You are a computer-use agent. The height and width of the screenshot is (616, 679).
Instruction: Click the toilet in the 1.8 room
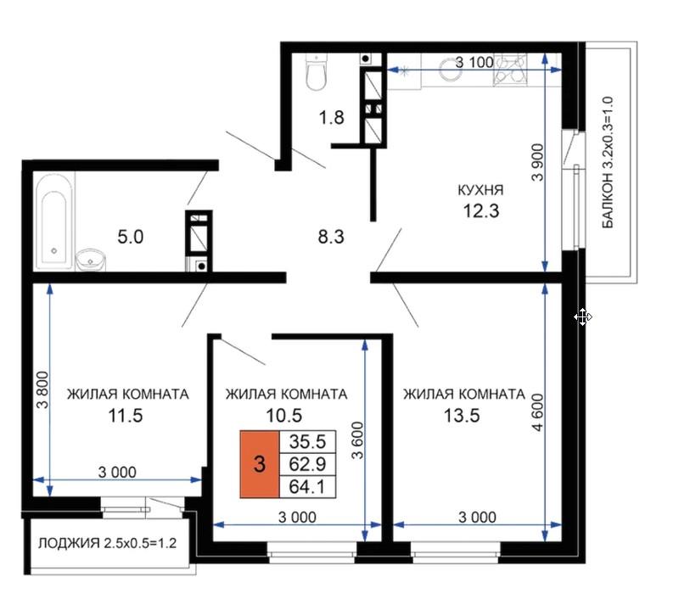click(x=315, y=72)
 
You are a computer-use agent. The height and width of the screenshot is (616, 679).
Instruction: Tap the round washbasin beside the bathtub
click(x=91, y=260)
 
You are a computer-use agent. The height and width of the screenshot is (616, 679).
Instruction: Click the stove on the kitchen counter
click(x=510, y=69)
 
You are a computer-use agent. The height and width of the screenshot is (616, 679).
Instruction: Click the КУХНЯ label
click(x=480, y=189)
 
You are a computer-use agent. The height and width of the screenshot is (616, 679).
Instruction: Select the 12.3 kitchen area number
click(x=481, y=210)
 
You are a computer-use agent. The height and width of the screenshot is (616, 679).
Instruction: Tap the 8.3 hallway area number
click(x=331, y=237)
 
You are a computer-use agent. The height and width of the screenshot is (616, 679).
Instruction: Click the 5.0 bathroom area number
click(x=131, y=237)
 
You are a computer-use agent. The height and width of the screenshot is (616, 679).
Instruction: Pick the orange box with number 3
click(x=260, y=464)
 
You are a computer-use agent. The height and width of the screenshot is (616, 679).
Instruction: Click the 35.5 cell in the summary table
click(x=307, y=441)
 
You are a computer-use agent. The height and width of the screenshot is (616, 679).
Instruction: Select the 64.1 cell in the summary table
click(x=307, y=486)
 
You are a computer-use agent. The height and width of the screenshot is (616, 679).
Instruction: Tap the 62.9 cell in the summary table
click(x=307, y=464)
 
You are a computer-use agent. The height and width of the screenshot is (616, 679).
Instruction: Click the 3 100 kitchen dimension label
click(x=474, y=62)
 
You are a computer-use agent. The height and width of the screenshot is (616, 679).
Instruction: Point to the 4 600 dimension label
click(x=537, y=412)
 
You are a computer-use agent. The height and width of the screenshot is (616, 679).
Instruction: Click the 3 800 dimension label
click(x=42, y=390)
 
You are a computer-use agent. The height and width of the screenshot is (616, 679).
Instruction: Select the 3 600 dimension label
click(x=357, y=440)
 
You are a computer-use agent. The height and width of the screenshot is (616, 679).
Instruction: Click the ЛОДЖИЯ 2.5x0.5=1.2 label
click(x=108, y=543)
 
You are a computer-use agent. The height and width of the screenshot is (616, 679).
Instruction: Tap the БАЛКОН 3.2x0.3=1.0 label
click(x=608, y=162)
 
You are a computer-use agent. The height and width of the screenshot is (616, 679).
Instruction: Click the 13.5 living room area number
click(x=462, y=416)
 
